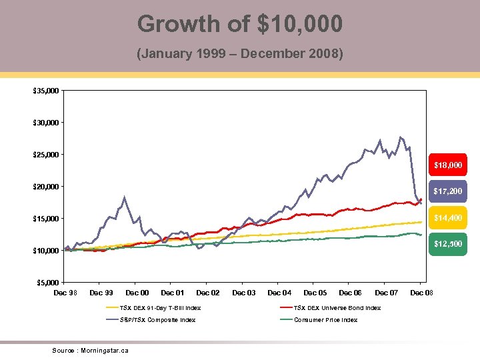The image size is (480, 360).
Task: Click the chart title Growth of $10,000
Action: tap(240, 24)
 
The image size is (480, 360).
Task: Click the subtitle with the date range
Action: tap(240, 53)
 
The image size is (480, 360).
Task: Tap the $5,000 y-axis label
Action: tap(48, 283)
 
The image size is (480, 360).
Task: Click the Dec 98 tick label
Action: tap(65, 293)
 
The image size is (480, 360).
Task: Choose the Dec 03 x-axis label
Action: tap(243, 293)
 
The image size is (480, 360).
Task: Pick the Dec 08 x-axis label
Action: tap(421, 293)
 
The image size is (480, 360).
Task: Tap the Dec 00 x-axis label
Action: tap(137, 293)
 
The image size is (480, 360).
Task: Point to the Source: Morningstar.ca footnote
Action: tap(90, 350)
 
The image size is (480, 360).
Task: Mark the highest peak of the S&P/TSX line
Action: tap(401, 137)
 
